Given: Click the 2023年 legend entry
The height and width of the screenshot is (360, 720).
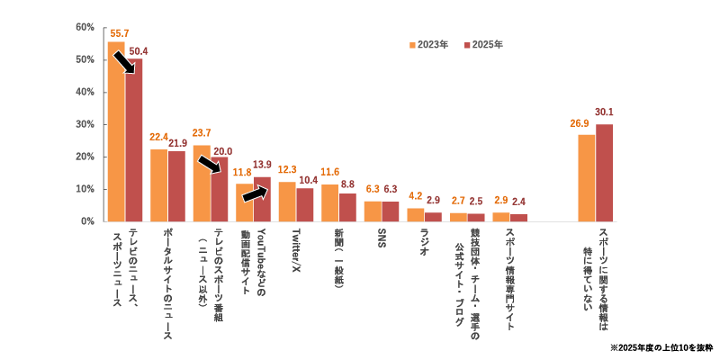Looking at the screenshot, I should [428, 44].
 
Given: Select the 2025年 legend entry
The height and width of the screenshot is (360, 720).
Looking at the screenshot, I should [483, 44].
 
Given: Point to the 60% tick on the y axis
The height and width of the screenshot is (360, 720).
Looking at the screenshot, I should [85, 27].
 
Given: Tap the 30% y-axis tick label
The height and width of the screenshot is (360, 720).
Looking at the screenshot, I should [85, 124].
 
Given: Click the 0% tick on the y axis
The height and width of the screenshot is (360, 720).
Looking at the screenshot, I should [87, 221].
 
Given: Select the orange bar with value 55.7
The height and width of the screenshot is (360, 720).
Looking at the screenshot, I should [116, 131].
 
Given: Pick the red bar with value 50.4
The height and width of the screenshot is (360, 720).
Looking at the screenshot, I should [134, 140].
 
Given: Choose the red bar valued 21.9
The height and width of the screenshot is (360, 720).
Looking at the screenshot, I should [176, 186].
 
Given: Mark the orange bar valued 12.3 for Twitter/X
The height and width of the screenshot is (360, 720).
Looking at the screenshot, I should [287, 202].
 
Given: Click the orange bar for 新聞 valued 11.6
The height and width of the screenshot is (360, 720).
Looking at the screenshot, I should [329, 203].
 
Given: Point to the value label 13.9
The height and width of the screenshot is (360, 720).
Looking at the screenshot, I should [262, 165].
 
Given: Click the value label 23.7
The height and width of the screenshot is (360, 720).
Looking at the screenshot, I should [202, 133].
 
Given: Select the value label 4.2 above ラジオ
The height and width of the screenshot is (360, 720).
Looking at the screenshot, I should [415, 196].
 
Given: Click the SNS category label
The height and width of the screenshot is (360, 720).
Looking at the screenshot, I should [381, 238].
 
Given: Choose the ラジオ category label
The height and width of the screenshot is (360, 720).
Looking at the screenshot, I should [424, 241].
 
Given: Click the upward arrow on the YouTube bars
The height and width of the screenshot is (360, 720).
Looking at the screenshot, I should [255, 193].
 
